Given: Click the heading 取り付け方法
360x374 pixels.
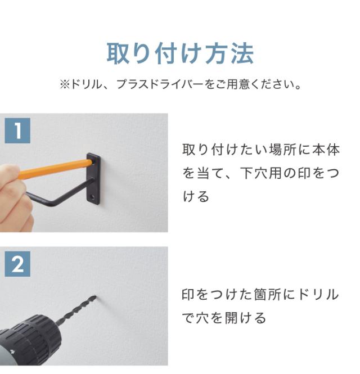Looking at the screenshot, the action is [180, 53].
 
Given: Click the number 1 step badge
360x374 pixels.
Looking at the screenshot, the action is [17, 130].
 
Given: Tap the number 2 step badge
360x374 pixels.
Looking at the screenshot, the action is [17, 264].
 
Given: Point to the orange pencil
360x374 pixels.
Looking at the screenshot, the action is [55, 169].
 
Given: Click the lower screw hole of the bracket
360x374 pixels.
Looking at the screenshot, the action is [92, 197].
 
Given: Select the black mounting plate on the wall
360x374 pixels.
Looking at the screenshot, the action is [93, 179].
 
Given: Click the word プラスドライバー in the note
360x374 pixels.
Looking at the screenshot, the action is [160, 84].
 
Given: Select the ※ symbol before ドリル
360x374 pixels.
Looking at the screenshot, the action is [65, 84].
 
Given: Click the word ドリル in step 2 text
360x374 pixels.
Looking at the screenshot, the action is [318, 295].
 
